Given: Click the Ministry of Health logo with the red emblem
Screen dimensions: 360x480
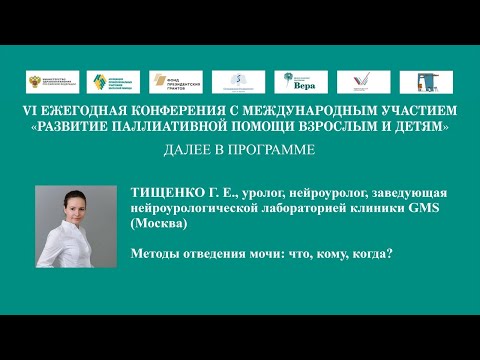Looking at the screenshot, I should pos(46,79).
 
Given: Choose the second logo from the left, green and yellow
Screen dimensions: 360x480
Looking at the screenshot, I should pos(107,79).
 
